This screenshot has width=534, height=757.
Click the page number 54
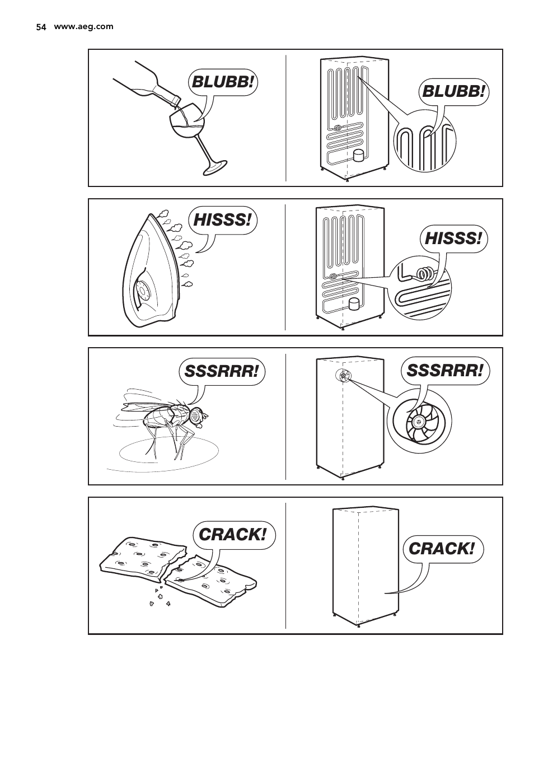[40, 27]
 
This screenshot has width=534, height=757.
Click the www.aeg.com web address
[83, 27]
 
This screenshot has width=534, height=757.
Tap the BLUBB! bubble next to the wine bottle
[223, 82]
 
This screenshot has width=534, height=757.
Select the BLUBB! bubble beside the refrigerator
[453, 91]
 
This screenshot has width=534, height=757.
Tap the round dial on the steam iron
[142, 292]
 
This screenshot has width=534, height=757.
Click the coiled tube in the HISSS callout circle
[425, 274]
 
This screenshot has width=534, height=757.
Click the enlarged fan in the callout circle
[419, 421]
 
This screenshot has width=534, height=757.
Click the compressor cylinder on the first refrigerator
[358, 156]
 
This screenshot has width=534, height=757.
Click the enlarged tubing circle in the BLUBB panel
[423, 142]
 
